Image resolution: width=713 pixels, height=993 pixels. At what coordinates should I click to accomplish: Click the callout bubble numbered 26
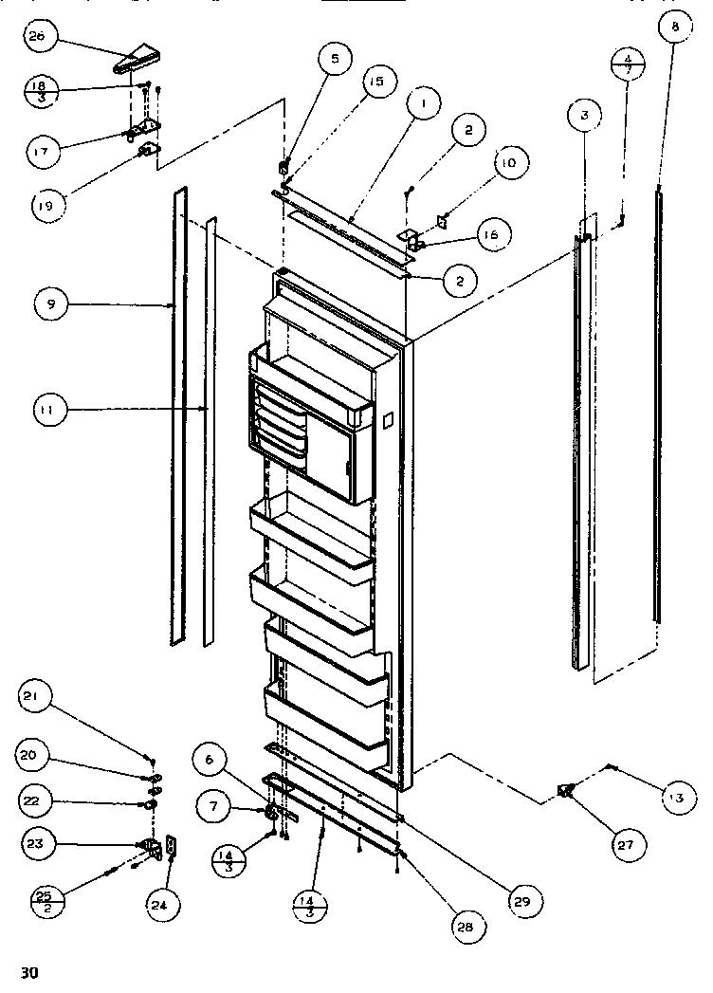pos(43,38)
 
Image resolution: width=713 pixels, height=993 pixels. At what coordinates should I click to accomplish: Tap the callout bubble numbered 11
pos(47,410)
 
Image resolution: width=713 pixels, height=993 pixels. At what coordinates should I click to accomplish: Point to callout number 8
pos(675,28)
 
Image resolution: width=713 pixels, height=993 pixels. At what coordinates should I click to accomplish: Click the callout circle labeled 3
pos(584,115)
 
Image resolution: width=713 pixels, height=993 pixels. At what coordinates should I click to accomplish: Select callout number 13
pos(675,799)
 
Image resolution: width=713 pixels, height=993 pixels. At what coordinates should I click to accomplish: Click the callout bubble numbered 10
pos(507,162)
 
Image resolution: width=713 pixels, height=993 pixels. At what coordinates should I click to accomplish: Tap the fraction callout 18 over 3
pos(41,92)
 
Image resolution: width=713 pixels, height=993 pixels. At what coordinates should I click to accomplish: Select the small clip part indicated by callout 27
pos(567,790)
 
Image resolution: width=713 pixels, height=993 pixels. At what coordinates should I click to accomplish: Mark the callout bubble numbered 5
pos(333,60)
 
